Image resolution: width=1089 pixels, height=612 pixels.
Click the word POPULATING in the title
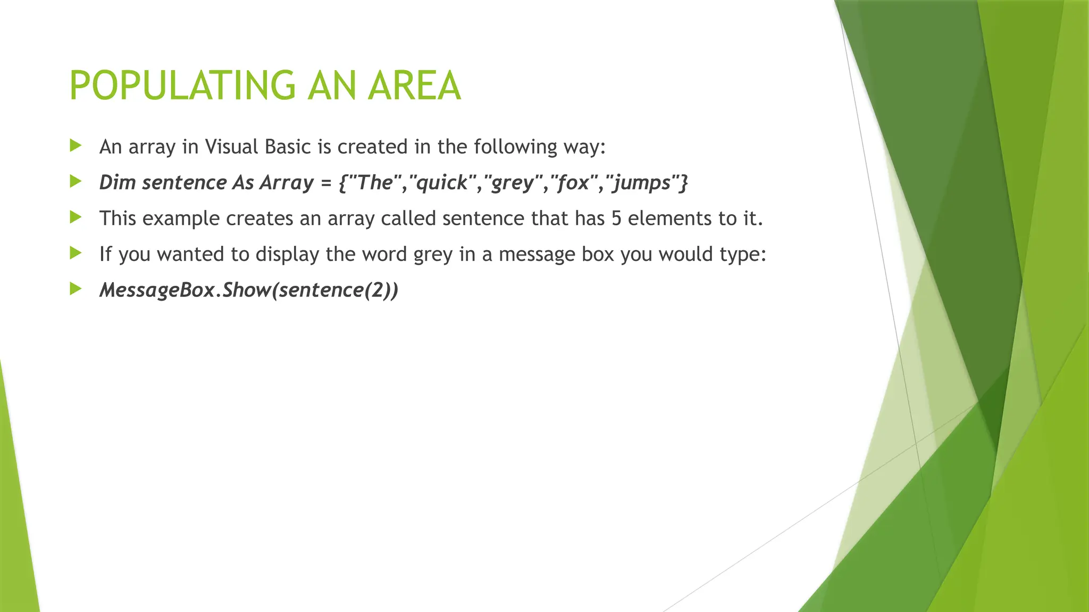[182, 86]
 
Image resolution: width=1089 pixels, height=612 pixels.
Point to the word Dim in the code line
[118, 183]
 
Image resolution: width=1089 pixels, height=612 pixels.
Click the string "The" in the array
[374, 183]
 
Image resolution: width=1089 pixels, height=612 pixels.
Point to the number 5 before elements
[616, 219]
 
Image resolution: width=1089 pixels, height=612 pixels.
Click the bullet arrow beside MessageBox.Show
[76, 289]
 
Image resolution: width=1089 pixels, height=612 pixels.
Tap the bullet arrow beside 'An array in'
[76, 146]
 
